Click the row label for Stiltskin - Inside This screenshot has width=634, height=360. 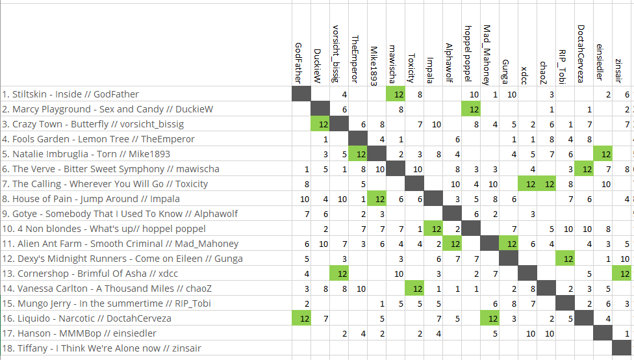coord(70,94)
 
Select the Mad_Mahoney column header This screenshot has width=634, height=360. coord(487,55)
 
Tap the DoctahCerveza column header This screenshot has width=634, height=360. coord(581,54)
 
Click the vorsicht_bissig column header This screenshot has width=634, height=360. coord(336,54)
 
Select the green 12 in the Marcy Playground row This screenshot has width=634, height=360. coord(470,109)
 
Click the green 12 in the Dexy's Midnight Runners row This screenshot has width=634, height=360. coord(568,259)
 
